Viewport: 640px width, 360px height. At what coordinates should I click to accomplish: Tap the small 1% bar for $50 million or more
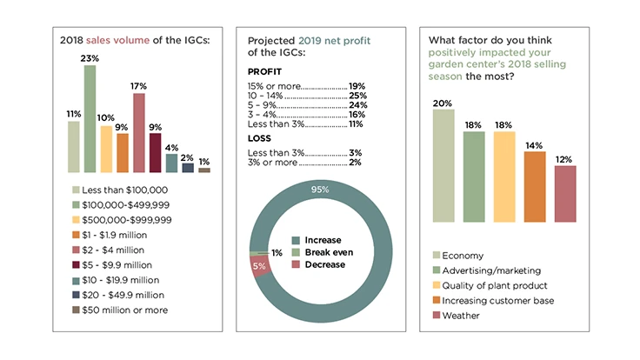coord(204,170)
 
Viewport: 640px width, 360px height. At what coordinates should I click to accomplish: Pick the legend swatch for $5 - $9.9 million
coord(76,264)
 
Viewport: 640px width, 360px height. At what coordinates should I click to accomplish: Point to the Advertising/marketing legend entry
coord(490,270)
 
